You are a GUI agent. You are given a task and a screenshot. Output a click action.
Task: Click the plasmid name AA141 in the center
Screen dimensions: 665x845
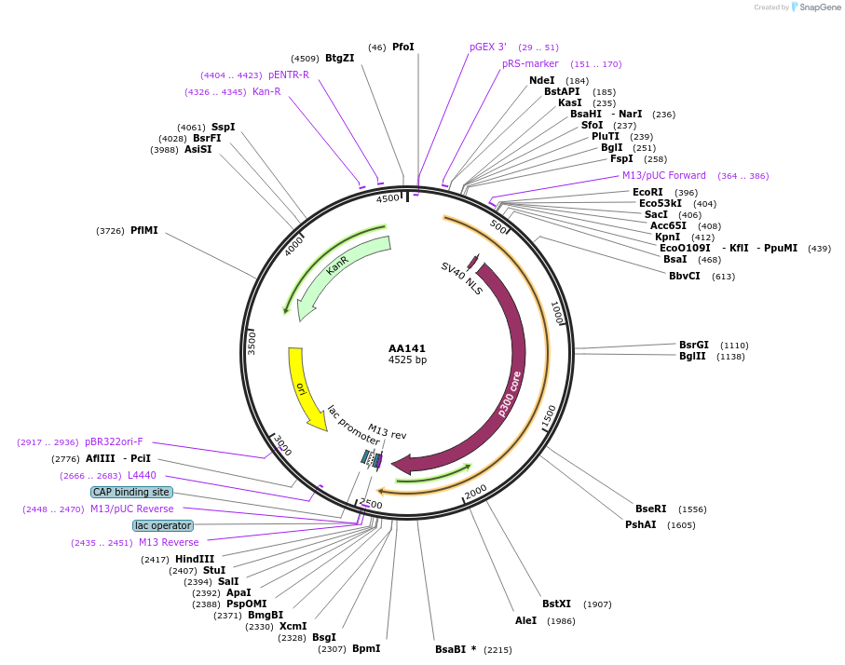[407, 348]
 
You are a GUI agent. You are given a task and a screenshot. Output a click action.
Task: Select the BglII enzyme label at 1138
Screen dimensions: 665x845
[692, 356]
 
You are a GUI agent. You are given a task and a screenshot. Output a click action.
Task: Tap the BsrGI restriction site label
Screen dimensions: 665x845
[694, 345]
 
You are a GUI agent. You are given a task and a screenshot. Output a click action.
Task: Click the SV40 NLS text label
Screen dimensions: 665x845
[461, 278]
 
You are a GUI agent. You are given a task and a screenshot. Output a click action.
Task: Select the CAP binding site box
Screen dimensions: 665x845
[131, 492]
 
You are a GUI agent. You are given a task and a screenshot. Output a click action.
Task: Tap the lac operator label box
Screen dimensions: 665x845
[163, 525]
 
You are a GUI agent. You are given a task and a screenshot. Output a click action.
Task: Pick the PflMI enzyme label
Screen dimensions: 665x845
[144, 230]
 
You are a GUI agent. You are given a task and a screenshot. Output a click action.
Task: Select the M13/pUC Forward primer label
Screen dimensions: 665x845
[664, 175]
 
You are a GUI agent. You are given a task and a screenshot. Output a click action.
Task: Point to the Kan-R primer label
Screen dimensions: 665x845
[266, 91]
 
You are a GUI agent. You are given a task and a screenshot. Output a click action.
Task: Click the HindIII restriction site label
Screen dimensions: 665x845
[195, 559]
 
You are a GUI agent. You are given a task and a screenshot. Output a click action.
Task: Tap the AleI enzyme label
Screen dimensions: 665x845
[525, 620]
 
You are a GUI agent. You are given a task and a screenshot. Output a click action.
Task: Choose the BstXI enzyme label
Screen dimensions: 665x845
[556, 604]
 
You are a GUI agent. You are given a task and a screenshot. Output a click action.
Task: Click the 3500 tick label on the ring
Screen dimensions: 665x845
[252, 342]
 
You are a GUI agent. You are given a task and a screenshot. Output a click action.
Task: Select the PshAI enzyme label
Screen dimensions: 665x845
[641, 524]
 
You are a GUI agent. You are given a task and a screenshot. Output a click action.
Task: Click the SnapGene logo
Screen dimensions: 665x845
[812, 7]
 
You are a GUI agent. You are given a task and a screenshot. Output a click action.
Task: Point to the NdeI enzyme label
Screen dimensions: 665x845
[541, 80]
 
